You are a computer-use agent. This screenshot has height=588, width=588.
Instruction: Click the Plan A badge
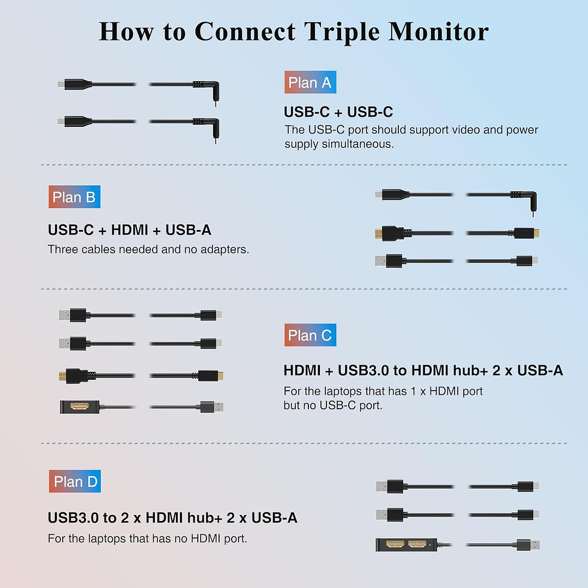pos(310,82)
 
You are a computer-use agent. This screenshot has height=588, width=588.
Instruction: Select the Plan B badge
pos(74,197)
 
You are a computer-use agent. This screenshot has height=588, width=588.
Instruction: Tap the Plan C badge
pos(310,335)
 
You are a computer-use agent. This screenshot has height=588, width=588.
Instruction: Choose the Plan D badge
pos(75,481)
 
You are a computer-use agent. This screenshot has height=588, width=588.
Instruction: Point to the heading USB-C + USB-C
pos(338,112)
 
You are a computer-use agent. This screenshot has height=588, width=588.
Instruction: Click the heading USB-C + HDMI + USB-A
pos(129,230)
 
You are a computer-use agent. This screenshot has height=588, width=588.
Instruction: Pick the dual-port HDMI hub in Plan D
pos(406,544)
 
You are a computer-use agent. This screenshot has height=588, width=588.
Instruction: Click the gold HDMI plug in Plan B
pos(389,233)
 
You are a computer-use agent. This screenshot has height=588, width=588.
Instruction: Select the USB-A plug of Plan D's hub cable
pos(529,544)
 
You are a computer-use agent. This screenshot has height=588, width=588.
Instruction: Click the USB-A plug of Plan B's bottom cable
pos(389,260)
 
